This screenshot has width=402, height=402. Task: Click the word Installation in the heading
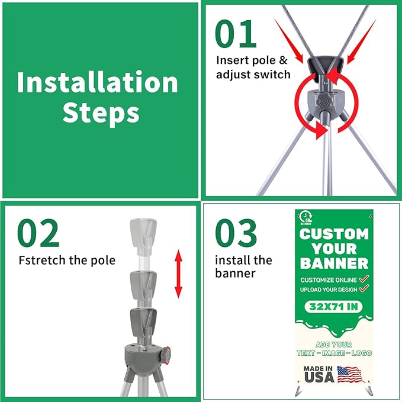(x=98, y=82)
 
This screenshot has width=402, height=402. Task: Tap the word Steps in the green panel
(x=101, y=113)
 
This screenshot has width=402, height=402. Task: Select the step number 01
(x=236, y=34)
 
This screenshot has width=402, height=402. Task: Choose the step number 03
(x=236, y=233)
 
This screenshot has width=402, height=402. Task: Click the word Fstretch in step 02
(x=42, y=261)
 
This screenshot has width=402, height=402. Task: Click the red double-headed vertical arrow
(x=178, y=274)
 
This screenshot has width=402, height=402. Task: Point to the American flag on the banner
(x=350, y=374)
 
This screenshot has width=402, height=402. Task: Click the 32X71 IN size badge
(x=333, y=307)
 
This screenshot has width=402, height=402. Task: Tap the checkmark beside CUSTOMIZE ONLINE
(x=364, y=279)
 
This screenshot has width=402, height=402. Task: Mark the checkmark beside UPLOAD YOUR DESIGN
(x=364, y=289)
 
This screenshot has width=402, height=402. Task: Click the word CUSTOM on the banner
(x=334, y=234)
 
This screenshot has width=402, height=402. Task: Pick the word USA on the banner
(x=319, y=377)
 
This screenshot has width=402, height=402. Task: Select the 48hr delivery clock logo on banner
(x=305, y=218)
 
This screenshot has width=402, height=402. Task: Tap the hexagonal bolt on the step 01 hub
(x=323, y=101)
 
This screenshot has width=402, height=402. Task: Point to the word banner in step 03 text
(x=235, y=274)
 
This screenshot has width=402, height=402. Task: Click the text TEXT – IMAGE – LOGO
(x=334, y=353)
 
